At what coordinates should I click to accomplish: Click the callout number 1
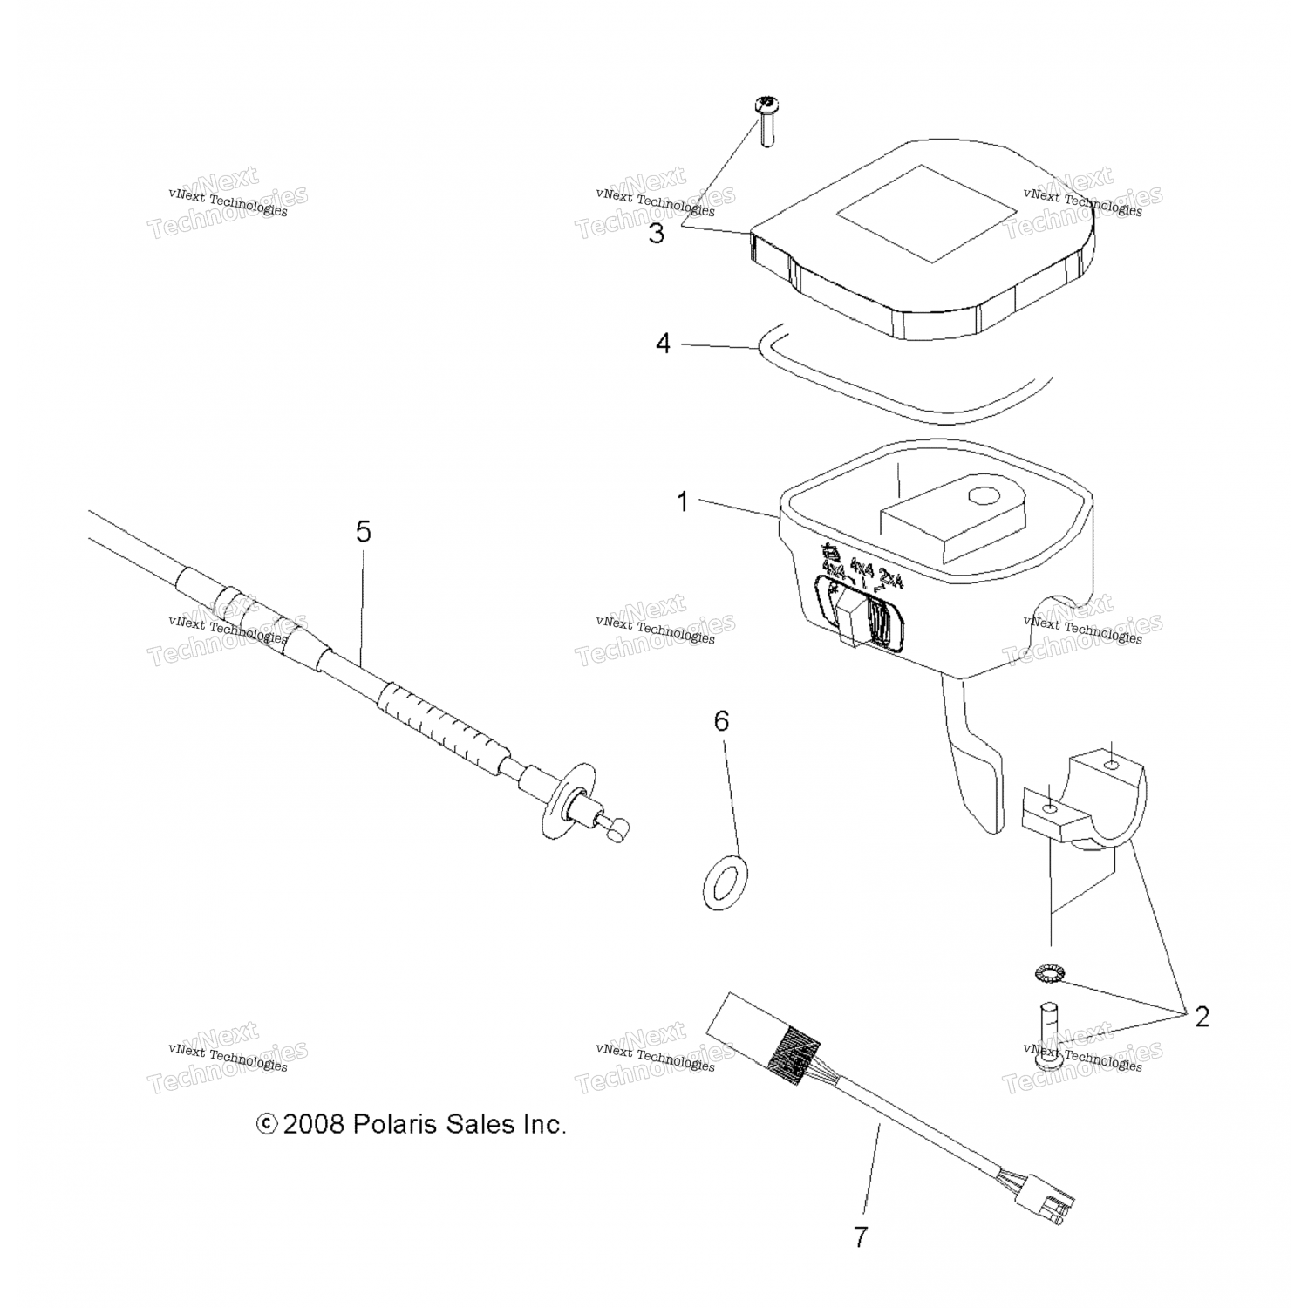(683, 502)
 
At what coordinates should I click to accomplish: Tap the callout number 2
(1202, 1017)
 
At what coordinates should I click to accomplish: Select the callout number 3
(656, 234)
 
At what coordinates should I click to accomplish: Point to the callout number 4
(663, 344)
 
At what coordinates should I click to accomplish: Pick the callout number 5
(363, 531)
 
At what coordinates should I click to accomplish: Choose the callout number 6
(720, 721)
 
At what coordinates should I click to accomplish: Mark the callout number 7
(861, 1237)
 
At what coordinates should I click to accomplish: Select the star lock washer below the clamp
(1043, 971)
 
